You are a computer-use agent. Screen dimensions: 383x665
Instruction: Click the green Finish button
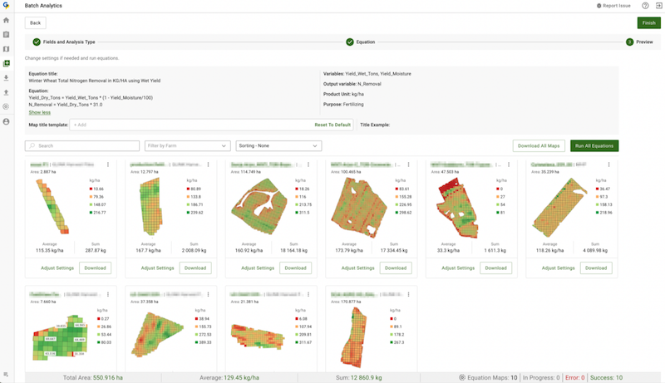point(648,23)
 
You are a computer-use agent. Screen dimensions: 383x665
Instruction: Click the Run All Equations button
point(594,146)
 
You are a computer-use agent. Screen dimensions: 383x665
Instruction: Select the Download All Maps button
point(539,146)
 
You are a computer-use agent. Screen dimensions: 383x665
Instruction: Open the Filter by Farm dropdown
point(187,146)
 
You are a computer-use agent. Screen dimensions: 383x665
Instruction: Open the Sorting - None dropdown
point(278,146)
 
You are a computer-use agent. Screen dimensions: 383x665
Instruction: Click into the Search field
point(83,146)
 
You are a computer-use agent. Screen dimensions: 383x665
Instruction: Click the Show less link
point(39,112)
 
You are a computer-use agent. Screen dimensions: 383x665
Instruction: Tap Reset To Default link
point(332,125)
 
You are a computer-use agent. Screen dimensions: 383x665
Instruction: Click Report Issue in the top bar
point(615,6)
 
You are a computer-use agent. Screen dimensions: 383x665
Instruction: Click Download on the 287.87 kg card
point(95,268)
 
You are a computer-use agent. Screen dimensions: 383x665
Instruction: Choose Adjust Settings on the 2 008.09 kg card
point(157,268)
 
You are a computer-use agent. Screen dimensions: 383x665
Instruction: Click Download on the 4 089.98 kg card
point(596,268)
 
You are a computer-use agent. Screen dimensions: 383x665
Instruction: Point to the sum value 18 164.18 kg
point(295,250)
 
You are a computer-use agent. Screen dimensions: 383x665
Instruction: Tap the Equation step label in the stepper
point(365,42)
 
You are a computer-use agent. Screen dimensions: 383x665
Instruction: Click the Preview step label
point(644,42)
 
